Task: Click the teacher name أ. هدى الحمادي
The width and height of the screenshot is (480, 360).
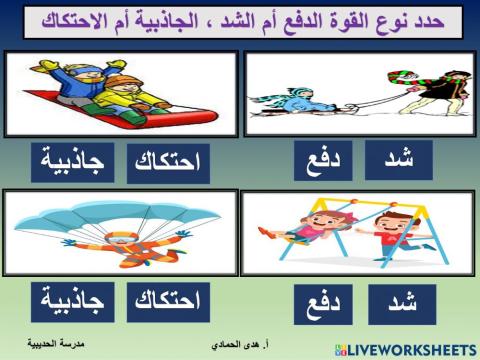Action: (x=247, y=343)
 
